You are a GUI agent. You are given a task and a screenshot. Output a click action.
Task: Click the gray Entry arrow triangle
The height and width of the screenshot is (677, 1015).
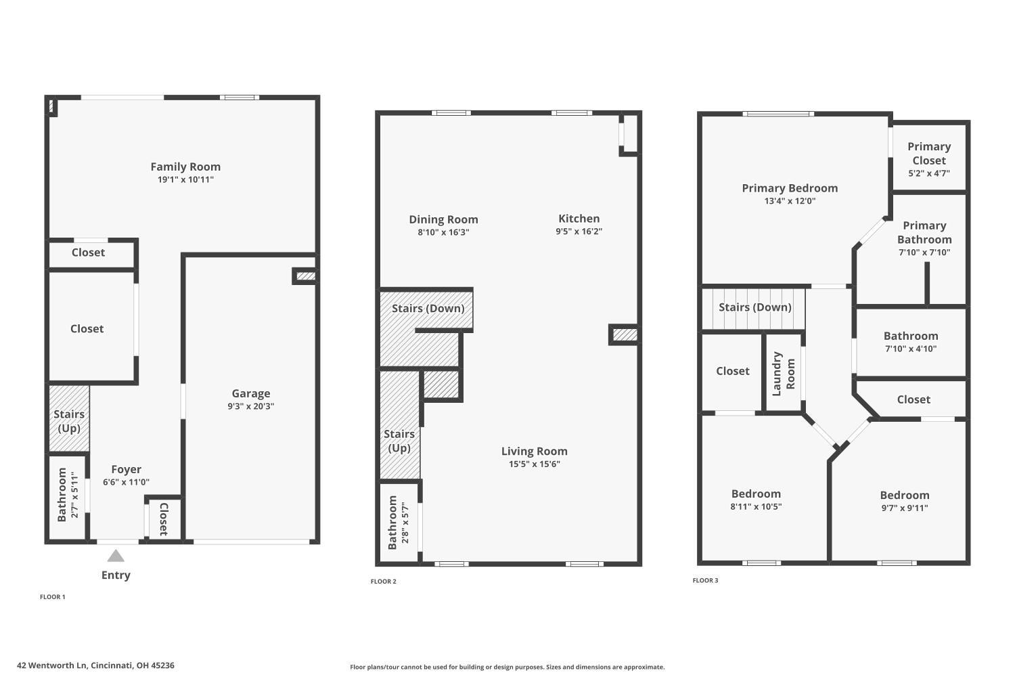(x=116, y=556)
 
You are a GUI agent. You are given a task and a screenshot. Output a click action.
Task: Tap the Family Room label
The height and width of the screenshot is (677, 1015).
(x=185, y=167)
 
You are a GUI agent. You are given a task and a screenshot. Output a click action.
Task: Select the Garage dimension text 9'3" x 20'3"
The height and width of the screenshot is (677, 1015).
(x=251, y=406)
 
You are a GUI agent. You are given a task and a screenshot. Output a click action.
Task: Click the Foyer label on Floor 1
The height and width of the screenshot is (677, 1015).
(x=127, y=469)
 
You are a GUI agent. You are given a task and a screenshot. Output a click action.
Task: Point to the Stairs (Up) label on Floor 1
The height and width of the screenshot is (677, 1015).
(x=69, y=420)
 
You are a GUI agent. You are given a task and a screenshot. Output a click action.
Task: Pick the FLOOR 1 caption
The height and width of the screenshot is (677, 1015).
(x=53, y=597)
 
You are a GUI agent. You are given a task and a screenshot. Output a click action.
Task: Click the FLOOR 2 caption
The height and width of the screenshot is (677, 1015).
(x=384, y=582)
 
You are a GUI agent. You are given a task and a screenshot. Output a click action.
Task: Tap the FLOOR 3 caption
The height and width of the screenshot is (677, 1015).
(x=706, y=581)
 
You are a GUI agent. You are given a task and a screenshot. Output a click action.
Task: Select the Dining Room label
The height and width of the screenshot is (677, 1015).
(x=443, y=219)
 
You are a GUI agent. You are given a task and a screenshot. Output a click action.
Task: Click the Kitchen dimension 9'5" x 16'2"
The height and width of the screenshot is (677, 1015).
(x=579, y=232)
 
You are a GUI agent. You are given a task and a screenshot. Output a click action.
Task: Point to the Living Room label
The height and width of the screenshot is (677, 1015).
(x=534, y=451)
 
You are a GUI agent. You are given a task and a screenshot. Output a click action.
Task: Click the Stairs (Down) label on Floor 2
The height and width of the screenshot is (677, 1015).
(x=428, y=309)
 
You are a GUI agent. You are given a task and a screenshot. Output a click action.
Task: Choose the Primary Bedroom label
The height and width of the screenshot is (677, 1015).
(x=790, y=188)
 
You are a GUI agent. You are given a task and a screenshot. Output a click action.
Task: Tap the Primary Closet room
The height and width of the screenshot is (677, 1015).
(x=929, y=158)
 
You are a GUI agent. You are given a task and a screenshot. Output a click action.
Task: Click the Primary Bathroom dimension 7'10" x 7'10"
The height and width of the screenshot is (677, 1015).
(x=924, y=253)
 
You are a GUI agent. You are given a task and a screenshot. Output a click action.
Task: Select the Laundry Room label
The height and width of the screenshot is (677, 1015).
(x=784, y=374)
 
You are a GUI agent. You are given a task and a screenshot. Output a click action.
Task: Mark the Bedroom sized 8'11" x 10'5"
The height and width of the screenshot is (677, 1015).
(x=756, y=499)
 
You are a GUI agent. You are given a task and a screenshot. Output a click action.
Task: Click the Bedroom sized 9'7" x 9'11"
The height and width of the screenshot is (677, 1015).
(x=905, y=501)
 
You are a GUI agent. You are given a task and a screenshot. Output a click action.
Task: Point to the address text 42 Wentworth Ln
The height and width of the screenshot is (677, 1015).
(x=95, y=665)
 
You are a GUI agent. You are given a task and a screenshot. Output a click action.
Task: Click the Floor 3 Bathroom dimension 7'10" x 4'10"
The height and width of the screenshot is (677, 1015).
(x=911, y=349)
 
